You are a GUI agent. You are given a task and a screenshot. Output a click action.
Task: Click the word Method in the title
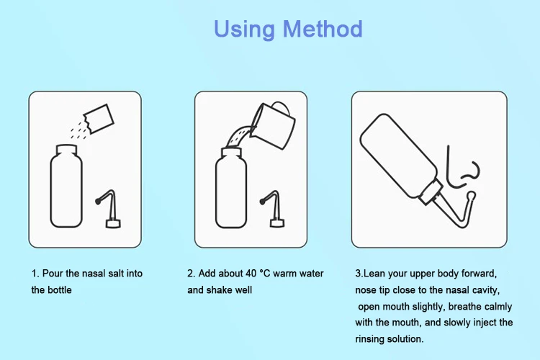[x=323, y=29]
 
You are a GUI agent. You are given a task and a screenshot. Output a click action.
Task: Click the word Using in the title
[x=244, y=30]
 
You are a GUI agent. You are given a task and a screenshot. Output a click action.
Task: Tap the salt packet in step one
[x=99, y=119]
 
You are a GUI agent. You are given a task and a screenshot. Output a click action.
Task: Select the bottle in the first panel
[x=66, y=186]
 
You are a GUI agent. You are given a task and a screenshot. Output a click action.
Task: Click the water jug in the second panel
[x=273, y=125]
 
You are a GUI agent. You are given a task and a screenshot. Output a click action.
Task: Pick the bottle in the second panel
[x=231, y=188]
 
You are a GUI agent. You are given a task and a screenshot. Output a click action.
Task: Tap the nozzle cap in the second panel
[x=273, y=208]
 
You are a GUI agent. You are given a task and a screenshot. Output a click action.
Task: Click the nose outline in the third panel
[x=462, y=168]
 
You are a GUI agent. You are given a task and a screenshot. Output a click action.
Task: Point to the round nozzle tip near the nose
[x=471, y=197]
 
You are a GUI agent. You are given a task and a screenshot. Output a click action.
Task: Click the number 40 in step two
[x=251, y=274]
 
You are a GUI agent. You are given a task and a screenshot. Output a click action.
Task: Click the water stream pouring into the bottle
[x=239, y=136]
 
